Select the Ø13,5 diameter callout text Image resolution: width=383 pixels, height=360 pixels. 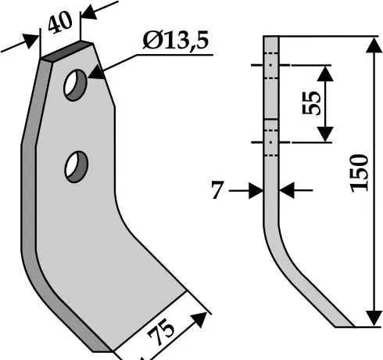pos(176,41)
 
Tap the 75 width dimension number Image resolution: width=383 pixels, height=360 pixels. pos(161,335)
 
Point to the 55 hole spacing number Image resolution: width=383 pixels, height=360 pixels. pos(311,103)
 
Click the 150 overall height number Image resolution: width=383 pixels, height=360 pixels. pos(360,173)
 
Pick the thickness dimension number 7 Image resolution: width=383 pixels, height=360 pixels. pos(217,190)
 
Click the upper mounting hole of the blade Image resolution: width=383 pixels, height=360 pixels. pos(75,85)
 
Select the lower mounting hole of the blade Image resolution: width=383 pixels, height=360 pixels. pos(76,167)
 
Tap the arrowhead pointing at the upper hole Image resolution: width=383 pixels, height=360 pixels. pos(96,73)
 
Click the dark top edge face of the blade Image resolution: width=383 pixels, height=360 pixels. pos(67,52)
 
